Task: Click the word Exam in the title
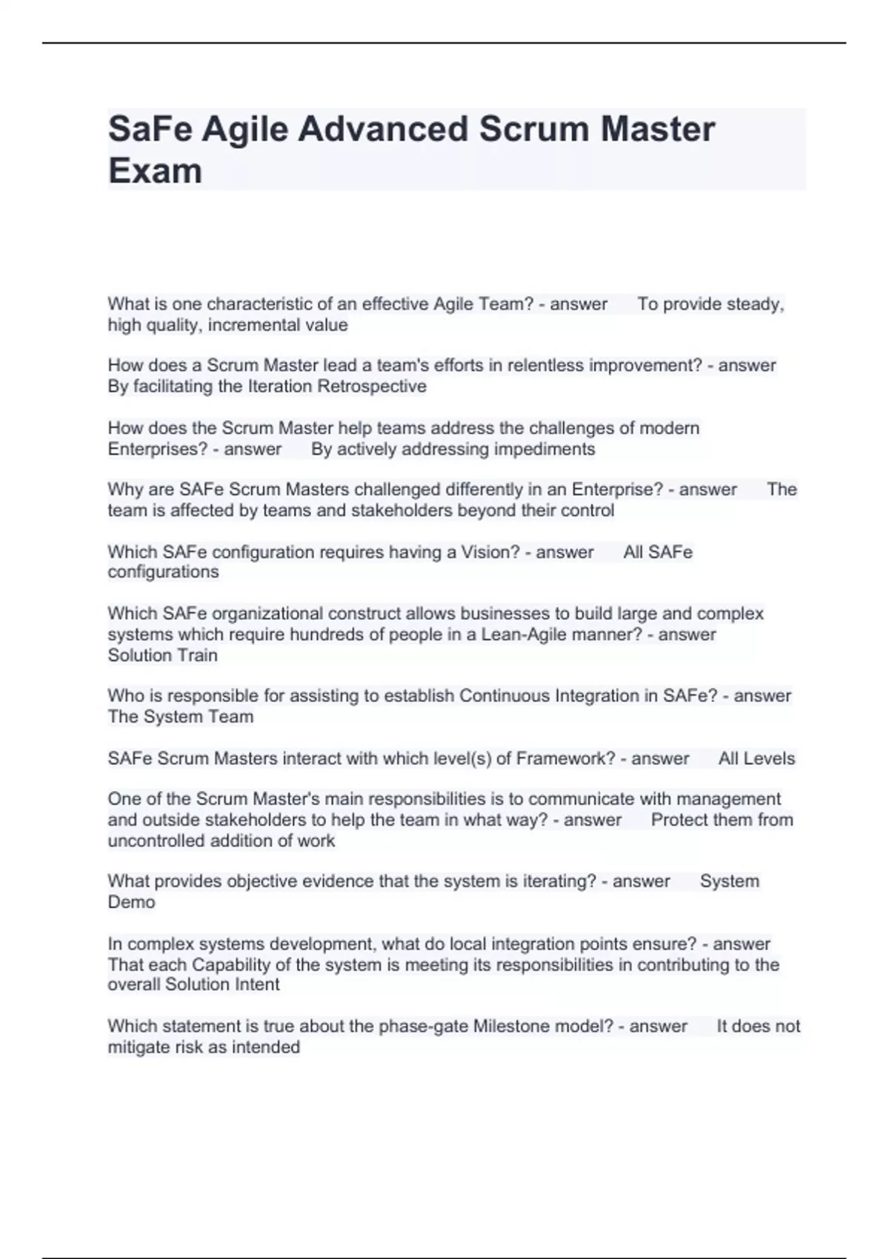point(155,171)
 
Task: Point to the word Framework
point(564,758)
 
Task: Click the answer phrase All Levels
point(756,758)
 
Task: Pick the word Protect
point(680,820)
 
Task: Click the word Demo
point(131,902)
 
